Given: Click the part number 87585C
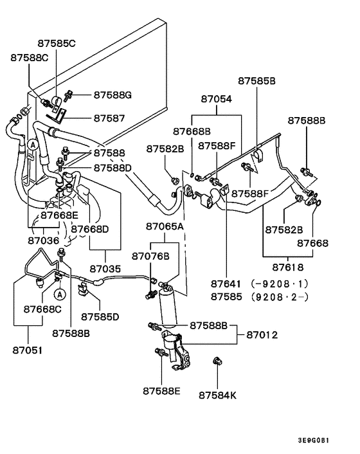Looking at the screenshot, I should [x=57, y=44].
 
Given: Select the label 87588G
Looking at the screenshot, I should [x=113, y=95].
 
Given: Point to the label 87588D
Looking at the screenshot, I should [x=113, y=168].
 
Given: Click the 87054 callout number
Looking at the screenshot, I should [x=216, y=99].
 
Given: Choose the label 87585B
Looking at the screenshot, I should [x=256, y=81].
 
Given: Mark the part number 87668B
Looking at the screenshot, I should [x=192, y=131].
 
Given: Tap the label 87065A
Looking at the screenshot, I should [x=165, y=226].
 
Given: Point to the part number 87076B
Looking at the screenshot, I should [x=150, y=256].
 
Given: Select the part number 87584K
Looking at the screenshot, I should [x=217, y=394].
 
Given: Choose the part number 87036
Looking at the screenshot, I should [x=43, y=240].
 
